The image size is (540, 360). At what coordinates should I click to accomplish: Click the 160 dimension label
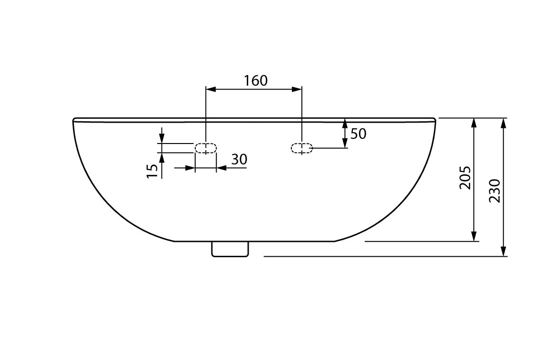click(x=256, y=81)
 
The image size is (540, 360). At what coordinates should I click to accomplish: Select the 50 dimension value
click(x=359, y=134)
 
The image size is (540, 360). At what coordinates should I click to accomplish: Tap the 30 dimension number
click(x=239, y=160)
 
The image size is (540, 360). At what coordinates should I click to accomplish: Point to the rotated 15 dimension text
click(x=152, y=171)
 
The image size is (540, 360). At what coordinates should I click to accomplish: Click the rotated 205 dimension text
click(x=465, y=178)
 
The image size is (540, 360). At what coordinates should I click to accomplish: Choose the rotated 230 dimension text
click(x=494, y=191)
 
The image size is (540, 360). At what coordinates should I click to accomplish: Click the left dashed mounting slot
click(x=206, y=148)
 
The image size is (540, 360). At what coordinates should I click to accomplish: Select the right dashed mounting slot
click(x=302, y=149)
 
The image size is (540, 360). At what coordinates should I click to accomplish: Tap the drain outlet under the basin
click(x=230, y=249)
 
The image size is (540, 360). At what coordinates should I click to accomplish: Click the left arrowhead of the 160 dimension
click(x=210, y=89)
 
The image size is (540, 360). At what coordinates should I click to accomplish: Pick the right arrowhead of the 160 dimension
click(x=297, y=89)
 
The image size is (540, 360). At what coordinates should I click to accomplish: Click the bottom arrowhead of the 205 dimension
click(x=474, y=236)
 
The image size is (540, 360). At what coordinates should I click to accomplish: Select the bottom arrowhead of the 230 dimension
click(x=503, y=251)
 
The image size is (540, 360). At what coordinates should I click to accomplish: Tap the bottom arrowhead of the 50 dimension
click(x=345, y=143)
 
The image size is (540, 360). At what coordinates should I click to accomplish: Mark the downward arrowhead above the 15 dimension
click(x=162, y=138)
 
